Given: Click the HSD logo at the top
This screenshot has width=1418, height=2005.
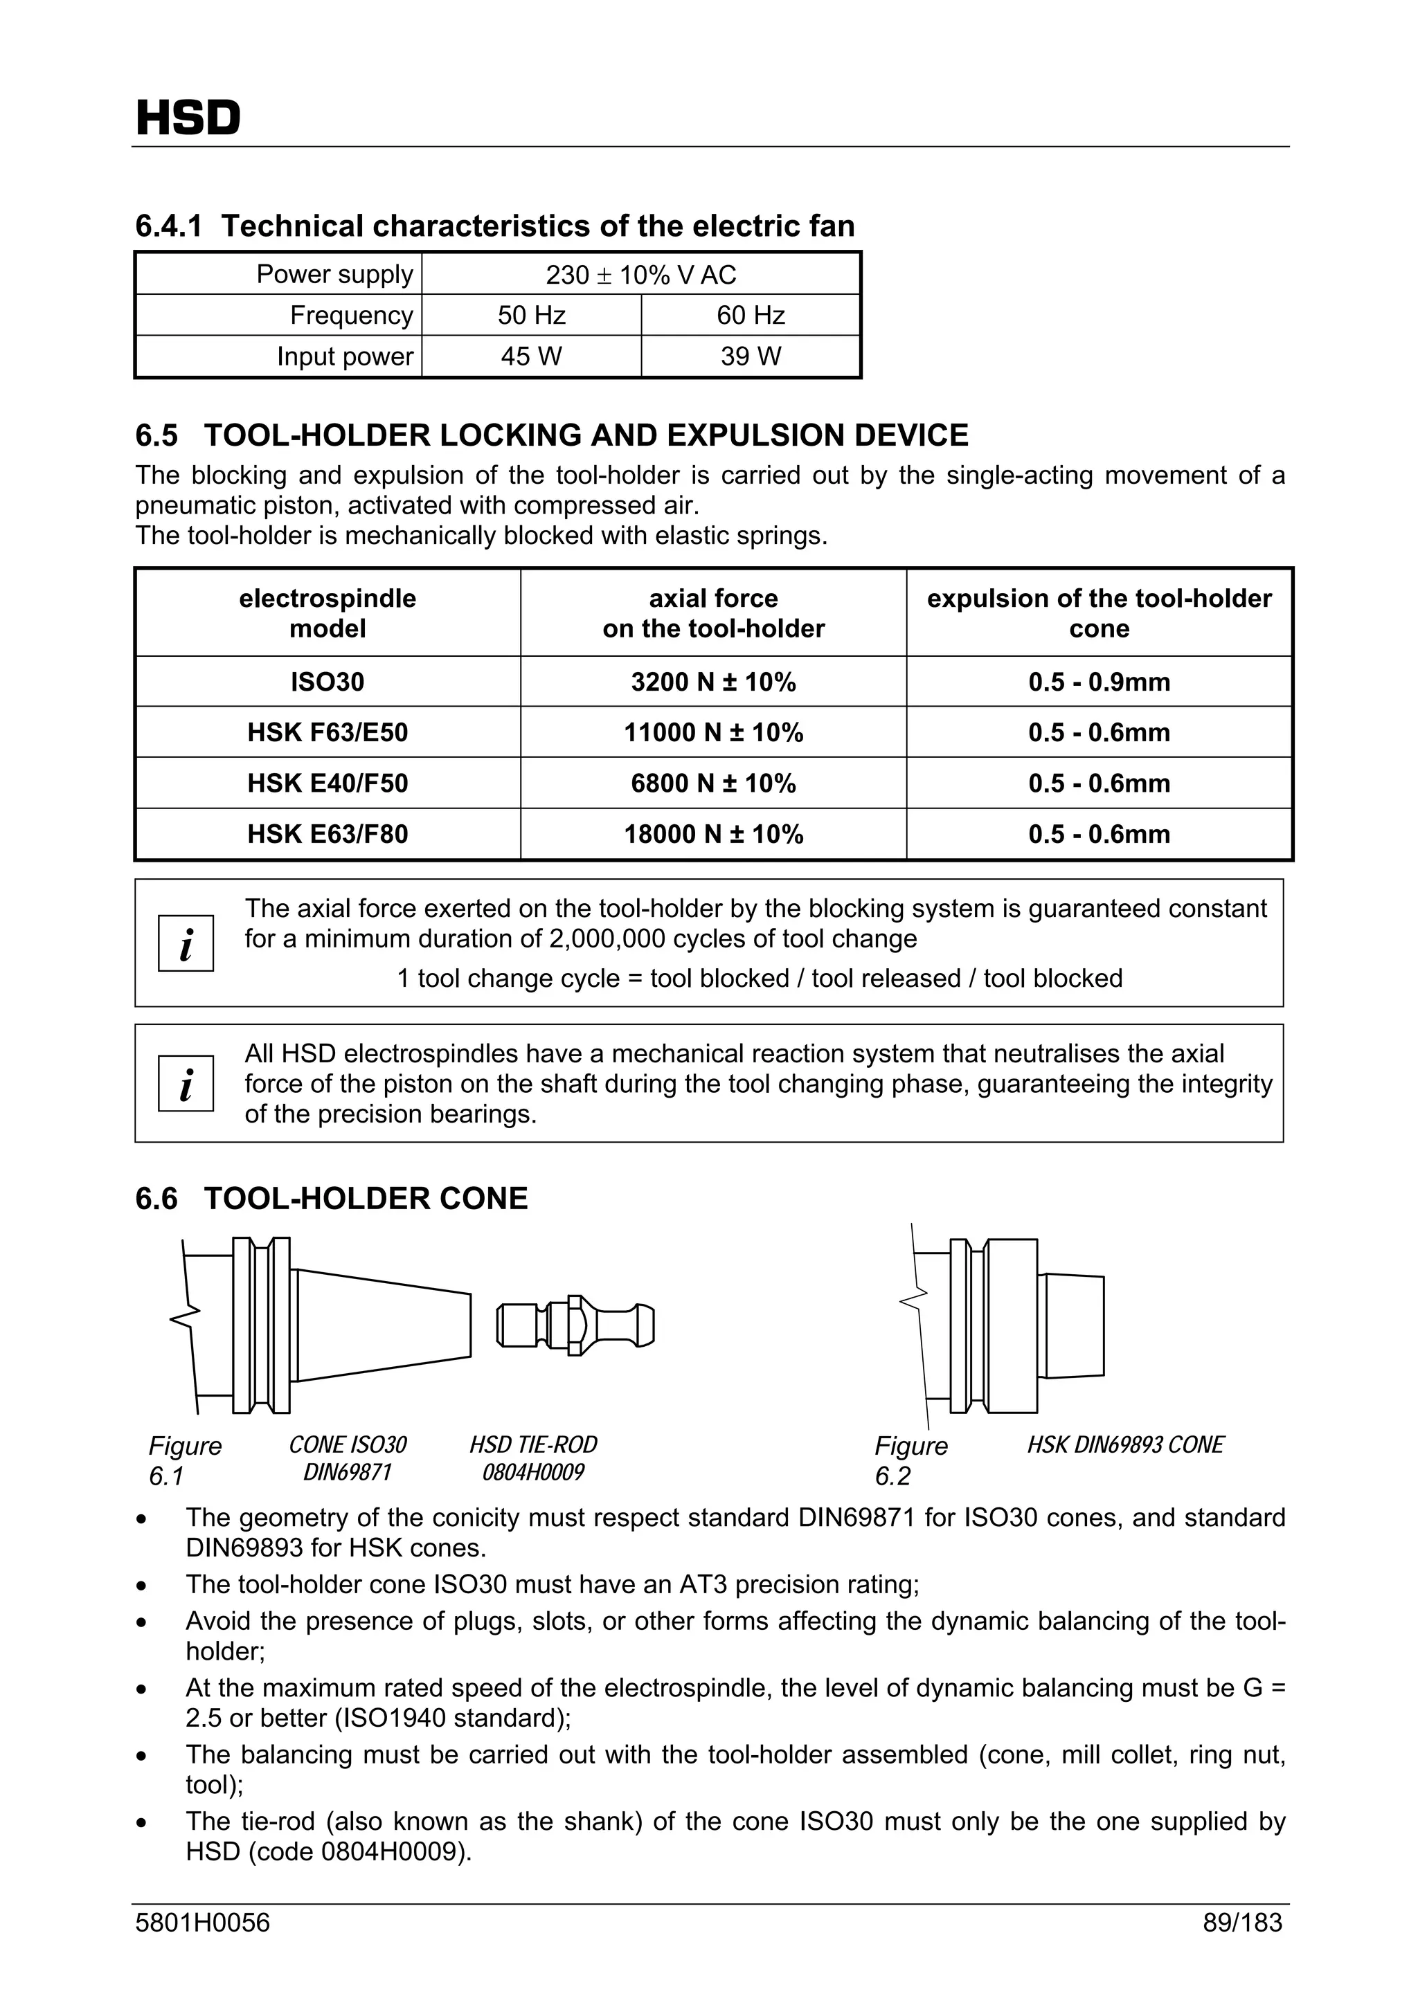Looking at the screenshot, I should pyautogui.click(x=188, y=119).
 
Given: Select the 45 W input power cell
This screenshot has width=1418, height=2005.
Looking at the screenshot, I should pyautogui.click(x=531, y=356).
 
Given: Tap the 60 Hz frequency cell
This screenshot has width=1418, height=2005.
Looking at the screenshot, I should pyautogui.click(x=751, y=315).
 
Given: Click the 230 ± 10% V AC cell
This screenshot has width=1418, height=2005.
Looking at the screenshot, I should pyautogui.click(x=640, y=275).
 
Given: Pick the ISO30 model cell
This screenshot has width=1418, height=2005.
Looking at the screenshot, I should pyautogui.click(x=327, y=682).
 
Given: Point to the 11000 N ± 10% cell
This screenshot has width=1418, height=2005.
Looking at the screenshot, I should pyautogui.click(x=713, y=733).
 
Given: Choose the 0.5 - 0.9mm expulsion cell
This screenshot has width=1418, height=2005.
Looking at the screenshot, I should pyautogui.click(x=1098, y=682).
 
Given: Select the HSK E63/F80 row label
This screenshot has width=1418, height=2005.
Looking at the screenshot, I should pyautogui.click(x=327, y=834).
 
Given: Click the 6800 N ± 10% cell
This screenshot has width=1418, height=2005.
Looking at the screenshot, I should pyautogui.click(x=713, y=783).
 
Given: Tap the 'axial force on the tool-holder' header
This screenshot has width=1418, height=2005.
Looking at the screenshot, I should pyautogui.click(x=713, y=613).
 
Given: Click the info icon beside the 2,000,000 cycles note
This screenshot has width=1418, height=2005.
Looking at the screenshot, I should pyautogui.click(x=186, y=943).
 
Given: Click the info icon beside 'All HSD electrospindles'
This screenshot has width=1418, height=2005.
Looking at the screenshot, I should pyautogui.click(x=186, y=1084).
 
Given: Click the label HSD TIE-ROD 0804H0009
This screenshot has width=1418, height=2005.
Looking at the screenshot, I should pyautogui.click(x=533, y=1458).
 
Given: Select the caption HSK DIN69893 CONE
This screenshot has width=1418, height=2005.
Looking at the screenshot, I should pyautogui.click(x=1124, y=1445).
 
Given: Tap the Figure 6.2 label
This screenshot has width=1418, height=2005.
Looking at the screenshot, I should pyautogui.click(x=910, y=1460).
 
